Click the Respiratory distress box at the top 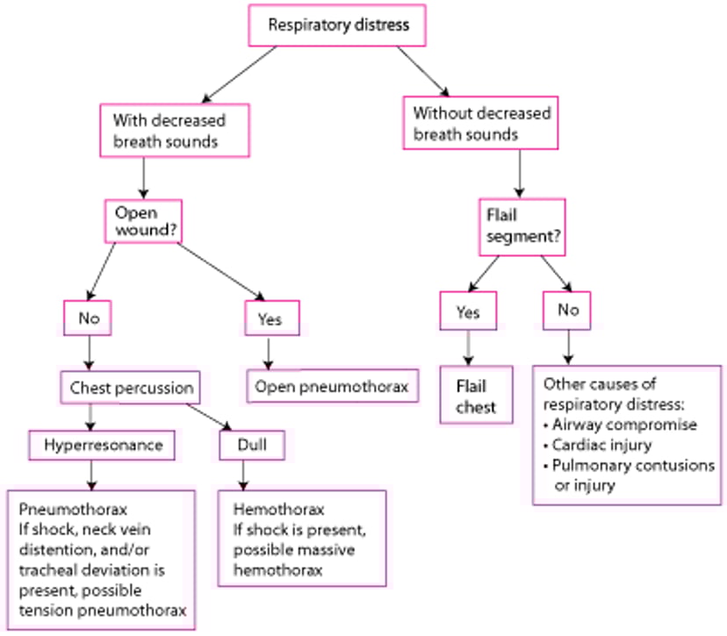pyautogui.click(x=338, y=25)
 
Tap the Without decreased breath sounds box pyautogui.click(x=482, y=124)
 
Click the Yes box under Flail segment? pyautogui.click(x=467, y=311)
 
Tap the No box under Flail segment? pyautogui.click(x=567, y=311)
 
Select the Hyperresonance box pyautogui.click(x=103, y=445)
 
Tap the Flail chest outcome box pyautogui.click(x=476, y=397)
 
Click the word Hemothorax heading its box pyautogui.click(x=267, y=509)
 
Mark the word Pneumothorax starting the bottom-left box pyautogui.click(x=59, y=509)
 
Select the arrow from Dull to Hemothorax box pyautogui.click(x=244, y=475)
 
